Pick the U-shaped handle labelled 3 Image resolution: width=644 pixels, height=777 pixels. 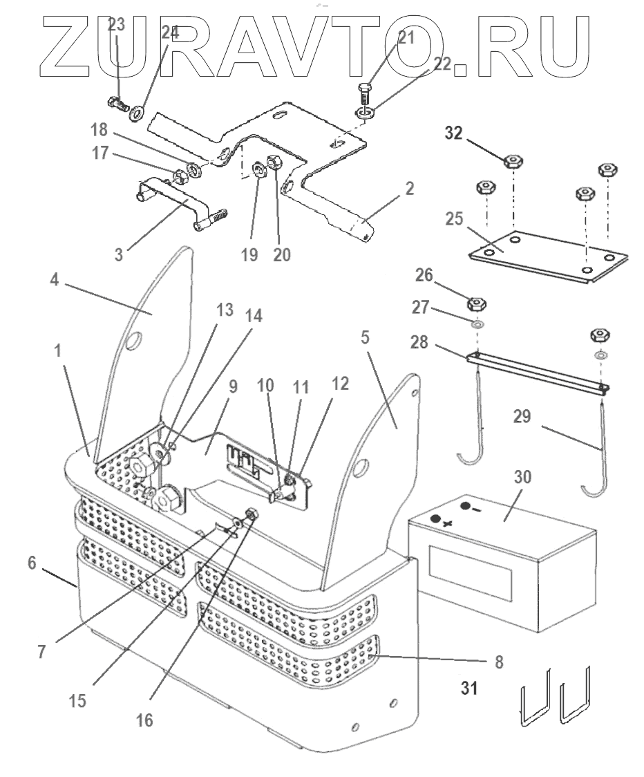(173, 200)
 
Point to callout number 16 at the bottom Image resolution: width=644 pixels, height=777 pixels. (144, 720)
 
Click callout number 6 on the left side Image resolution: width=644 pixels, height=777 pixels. (32, 563)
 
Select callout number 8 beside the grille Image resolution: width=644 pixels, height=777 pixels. (498, 662)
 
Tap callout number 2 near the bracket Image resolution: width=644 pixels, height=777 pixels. (410, 188)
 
